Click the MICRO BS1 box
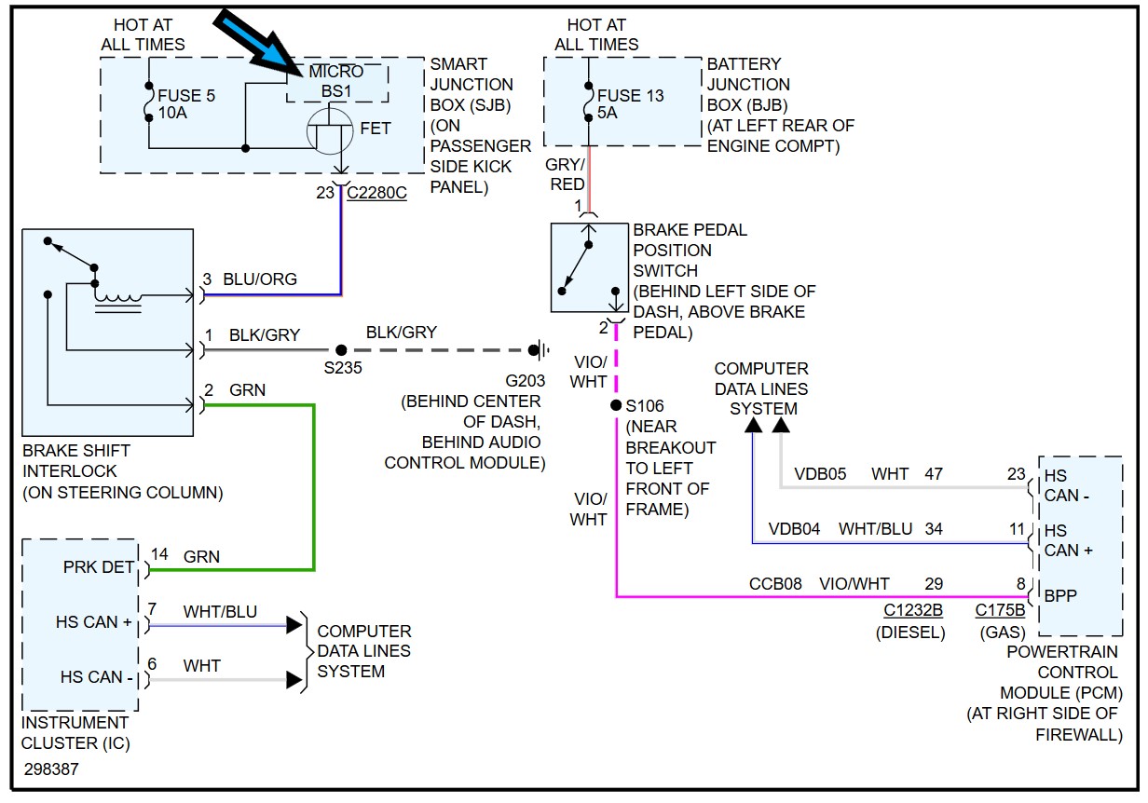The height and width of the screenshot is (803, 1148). (336, 82)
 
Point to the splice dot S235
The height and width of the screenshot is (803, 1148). (341, 350)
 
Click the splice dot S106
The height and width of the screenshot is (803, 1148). (616, 405)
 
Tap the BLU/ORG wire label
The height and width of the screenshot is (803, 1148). (260, 279)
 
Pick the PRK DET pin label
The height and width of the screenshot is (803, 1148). (99, 566)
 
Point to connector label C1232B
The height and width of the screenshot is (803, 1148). (912, 611)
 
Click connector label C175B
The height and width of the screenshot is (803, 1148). (1000, 611)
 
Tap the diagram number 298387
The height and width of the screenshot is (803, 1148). (51, 769)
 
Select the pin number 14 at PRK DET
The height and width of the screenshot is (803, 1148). (159, 554)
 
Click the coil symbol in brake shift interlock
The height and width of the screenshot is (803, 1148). (118, 298)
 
